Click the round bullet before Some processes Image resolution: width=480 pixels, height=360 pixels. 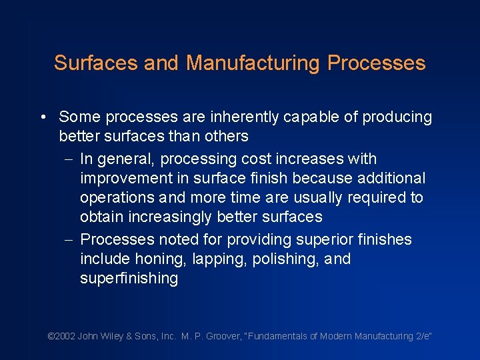(x=42, y=117)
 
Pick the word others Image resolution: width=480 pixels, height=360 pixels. (x=226, y=137)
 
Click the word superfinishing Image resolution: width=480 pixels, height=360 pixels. (x=129, y=279)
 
